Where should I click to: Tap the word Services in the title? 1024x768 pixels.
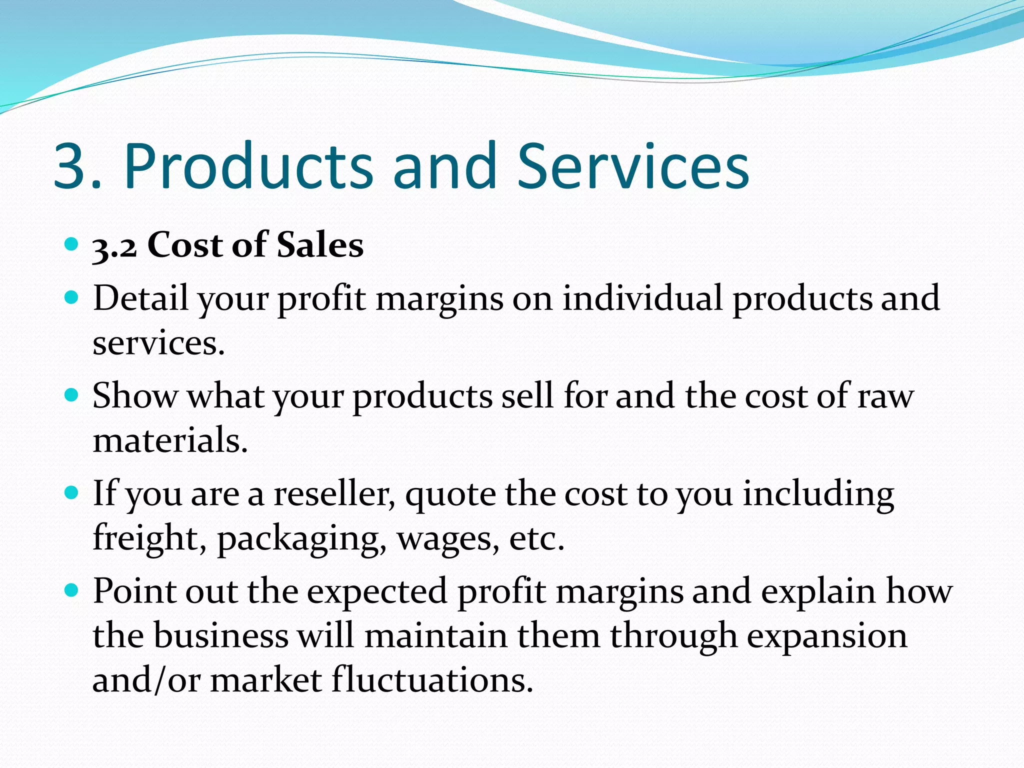(632, 166)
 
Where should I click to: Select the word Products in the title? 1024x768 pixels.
(248, 166)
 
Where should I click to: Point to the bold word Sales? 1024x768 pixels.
(320, 245)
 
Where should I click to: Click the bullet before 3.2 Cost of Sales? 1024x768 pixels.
(72, 244)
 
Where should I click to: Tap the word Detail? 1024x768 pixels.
(141, 298)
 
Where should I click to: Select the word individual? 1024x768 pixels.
(642, 298)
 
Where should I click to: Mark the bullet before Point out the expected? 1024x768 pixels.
(72, 591)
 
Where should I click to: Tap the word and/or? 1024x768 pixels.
(146, 680)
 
